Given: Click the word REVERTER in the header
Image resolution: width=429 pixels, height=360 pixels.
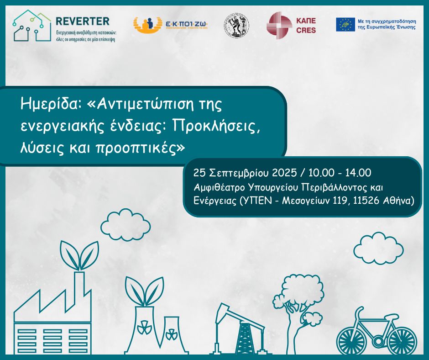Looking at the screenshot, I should point(82,21).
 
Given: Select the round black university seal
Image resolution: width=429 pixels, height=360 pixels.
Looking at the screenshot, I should point(236,25).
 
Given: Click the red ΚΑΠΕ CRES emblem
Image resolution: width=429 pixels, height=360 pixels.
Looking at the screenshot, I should point(279,25).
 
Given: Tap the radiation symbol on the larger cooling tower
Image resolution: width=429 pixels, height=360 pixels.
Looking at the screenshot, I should point(145,327).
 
